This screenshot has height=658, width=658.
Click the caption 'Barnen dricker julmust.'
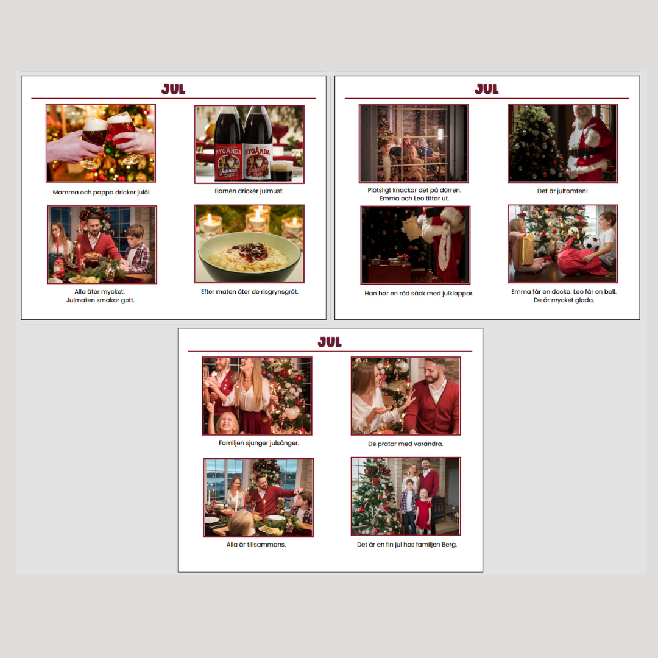pos(249,191)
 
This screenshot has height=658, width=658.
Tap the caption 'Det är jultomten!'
pos(562,191)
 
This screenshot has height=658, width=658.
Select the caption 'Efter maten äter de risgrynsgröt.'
pos(250,292)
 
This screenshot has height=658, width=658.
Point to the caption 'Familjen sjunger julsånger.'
pos(259,443)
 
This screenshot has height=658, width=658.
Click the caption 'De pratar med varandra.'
pos(405,444)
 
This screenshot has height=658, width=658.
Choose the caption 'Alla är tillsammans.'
pos(256,544)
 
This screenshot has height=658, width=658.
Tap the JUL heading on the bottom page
pos(330,342)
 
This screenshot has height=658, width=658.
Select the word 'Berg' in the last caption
pos(449,545)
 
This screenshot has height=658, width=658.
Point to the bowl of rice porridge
pos(249,257)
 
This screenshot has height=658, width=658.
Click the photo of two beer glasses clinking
pos(101,143)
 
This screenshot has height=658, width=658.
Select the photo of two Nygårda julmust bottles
pos(249,144)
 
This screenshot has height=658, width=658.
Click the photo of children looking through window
pos(414,144)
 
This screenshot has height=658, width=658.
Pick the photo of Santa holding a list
pos(416,245)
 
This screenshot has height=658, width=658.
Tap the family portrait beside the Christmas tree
pos(406,496)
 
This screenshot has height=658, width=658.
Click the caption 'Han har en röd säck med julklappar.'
pos(419,293)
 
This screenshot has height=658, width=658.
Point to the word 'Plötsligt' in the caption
pos(380,190)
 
